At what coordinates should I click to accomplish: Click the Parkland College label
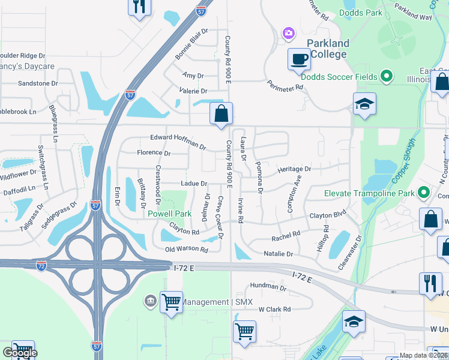328,49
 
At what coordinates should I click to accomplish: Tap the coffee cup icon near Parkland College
298,59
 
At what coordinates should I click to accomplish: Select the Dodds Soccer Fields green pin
387,77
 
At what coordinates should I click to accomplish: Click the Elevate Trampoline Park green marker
424,193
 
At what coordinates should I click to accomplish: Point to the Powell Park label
170,214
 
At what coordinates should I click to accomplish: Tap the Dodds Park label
360,12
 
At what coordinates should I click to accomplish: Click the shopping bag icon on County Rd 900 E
221,113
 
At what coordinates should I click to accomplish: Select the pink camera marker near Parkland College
289,32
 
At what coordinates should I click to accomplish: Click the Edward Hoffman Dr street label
178,142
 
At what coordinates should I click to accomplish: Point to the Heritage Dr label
294,170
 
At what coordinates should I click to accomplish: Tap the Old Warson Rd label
187,249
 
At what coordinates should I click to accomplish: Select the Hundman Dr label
268,288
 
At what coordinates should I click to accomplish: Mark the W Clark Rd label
274,310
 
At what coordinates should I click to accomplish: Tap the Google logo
19,353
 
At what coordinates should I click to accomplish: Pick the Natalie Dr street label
278,254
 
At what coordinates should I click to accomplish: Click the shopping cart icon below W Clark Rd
244,331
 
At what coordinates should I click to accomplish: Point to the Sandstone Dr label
38,83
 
